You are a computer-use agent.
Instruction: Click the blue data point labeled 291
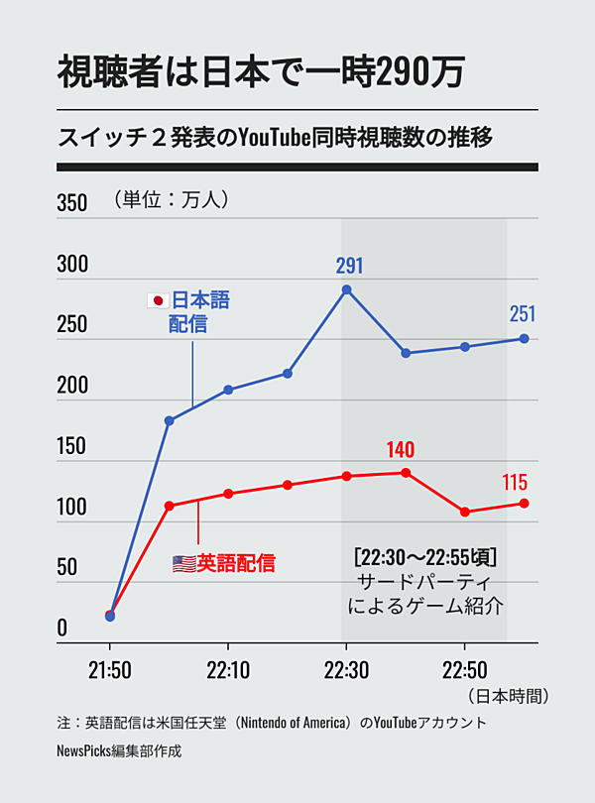(x=346, y=289)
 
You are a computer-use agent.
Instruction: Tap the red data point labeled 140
(x=406, y=472)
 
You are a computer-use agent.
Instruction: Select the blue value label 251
(x=522, y=314)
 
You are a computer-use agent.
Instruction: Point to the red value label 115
(x=515, y=484)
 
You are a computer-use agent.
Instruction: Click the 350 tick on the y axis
(x=72, y=204)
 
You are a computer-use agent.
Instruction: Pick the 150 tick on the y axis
(x=72, y=446)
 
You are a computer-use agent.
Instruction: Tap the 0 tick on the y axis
(x=62, y=628)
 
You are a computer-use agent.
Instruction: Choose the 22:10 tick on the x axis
(x=228, y=670)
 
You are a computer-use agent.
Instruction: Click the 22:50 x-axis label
(x=464, y=670)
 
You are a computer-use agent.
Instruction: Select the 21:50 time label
(x=109, y=670)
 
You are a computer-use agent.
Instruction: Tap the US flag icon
(x=183, y=564)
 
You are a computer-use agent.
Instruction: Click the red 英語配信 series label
(x=236, y=564)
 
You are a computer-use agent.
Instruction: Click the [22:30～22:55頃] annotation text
(x=424, y=556)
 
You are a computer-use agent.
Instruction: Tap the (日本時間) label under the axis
(x=508, y=695)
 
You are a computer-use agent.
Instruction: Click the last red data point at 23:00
(x=524, y=504)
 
